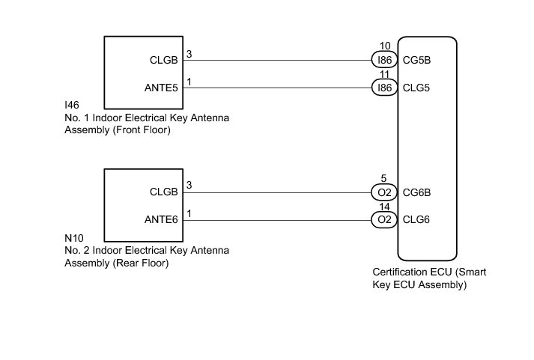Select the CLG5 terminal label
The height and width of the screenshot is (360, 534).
417,88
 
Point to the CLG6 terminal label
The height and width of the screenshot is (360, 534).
417,220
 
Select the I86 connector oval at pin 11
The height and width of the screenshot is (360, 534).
384,88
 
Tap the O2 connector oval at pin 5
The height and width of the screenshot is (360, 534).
384,192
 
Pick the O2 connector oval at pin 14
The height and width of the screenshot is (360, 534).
384,220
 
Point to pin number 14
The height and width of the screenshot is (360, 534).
384,207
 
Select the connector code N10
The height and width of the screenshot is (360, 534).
73,239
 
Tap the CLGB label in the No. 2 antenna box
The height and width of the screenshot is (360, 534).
164,192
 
